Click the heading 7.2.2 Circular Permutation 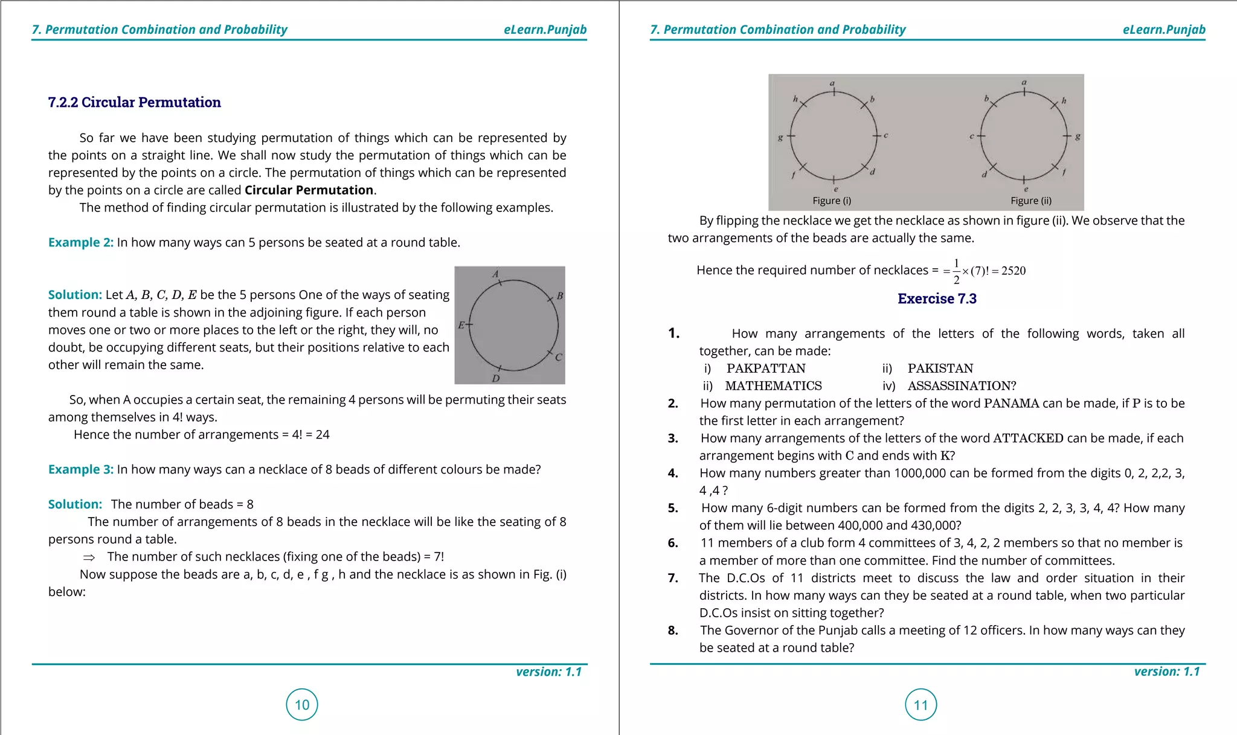[134, 102]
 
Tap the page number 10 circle [302, 704]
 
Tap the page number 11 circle [921, 704]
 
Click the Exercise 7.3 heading [937, 298]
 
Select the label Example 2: [81, 242]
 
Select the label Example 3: [81, 469]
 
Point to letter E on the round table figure [461, 325]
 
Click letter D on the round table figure [495, 379]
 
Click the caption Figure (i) [832, 201]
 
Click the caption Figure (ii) [1031, 201]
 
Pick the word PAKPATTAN [766, 368]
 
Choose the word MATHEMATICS [773, 386]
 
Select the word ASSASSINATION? [962, 386]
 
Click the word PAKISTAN [940, 368]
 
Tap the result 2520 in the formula [1014, 271]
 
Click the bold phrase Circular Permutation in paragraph [309, 190]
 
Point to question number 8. [673, 631]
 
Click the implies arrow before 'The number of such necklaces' [89, 557]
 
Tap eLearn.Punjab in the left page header [545, 30]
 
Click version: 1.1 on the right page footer [1166, 672]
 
